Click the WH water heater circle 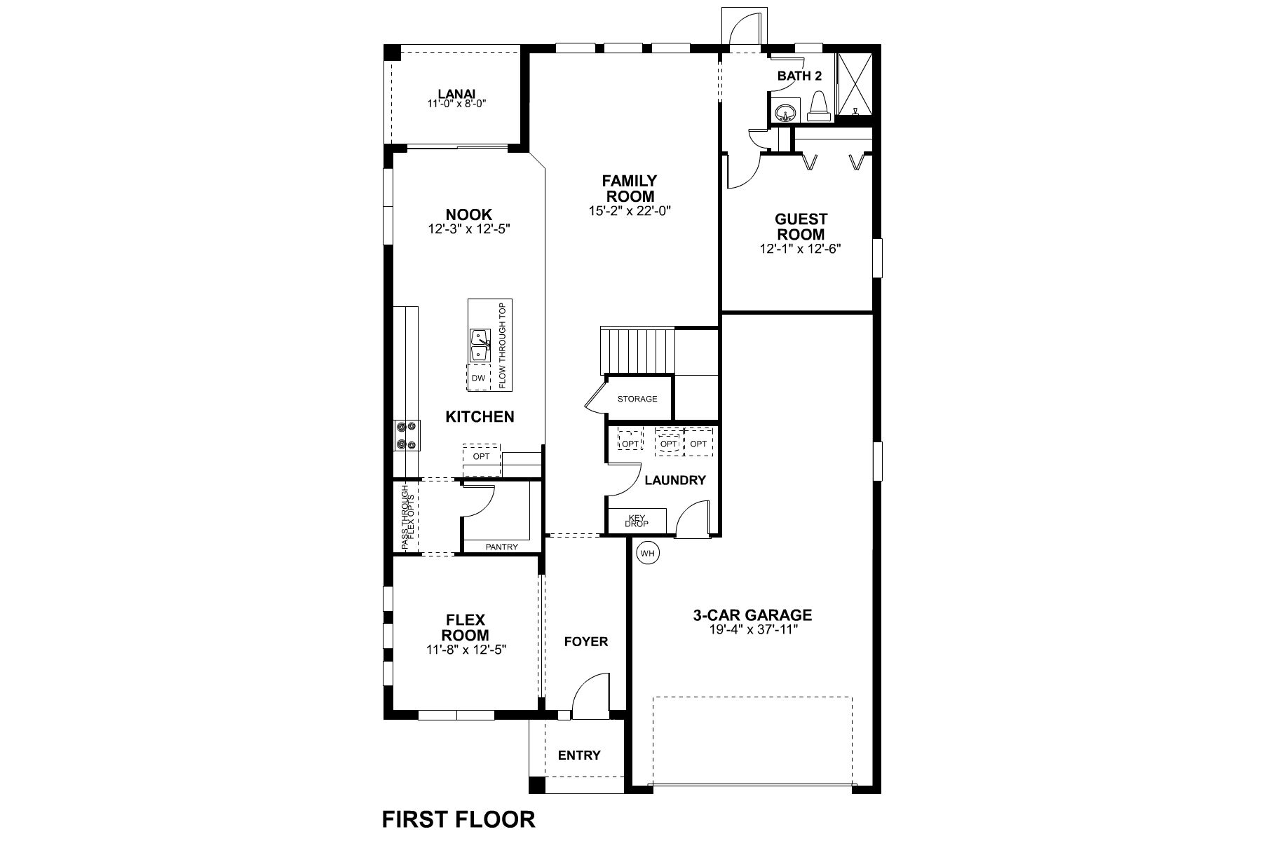647,554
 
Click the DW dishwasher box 479,378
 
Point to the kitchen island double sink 480,346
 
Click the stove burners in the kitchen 407,435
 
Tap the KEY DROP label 637,521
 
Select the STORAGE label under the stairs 637,399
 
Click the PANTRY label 501,547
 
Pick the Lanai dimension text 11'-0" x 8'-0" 456,104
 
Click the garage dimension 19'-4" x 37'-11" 753,629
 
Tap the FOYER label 586,641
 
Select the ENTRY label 579,755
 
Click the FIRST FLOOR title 459,819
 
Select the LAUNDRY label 674,480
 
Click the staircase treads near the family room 637,350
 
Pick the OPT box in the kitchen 481,456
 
